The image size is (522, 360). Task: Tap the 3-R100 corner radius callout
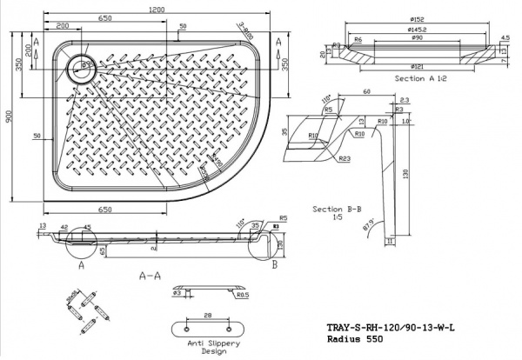coord(246,31)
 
